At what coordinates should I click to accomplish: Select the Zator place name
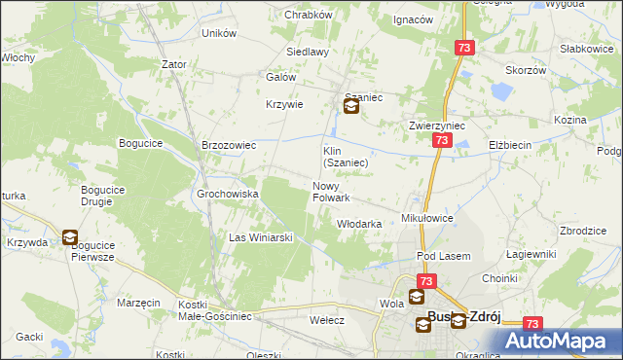(174, 64)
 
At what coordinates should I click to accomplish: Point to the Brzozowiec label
(228, 145)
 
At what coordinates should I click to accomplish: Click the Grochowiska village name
(227, 194)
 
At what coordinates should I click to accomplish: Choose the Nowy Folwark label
(330, 192)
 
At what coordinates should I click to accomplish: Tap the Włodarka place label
(358, 224)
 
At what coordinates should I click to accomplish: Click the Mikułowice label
(427, 219)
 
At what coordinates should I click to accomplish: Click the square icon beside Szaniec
(350, 108)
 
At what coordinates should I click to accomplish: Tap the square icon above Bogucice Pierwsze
(70, 236)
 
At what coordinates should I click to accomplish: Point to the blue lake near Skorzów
(501, 93)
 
